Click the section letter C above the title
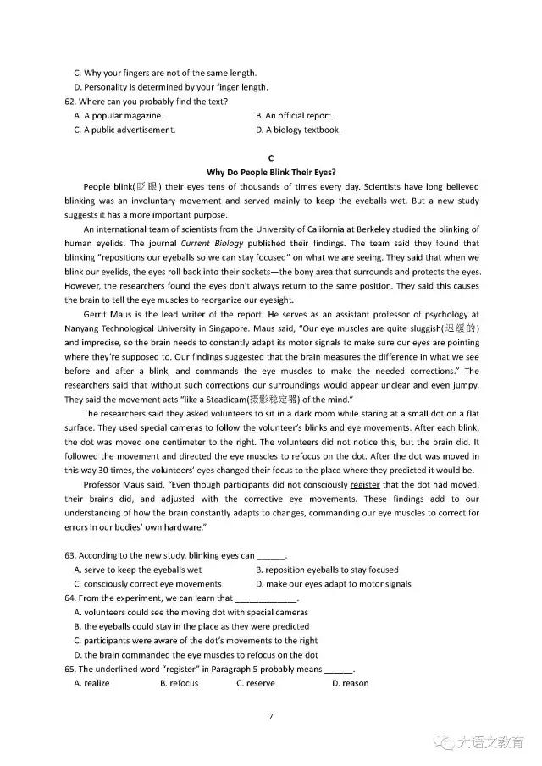pyautogui.click(x=270, y=157)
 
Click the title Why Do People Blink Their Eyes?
pyautogui.click(x=270, y=171)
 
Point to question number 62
pyautogui.click(x=69, y=102)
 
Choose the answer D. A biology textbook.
pyautogui.click(x=298, y=130)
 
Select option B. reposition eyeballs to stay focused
pyautogui.click(x=327, y=570)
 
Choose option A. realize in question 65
pyautogui.click(x=91, y=683)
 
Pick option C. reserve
pyautogui.click(x=255, y=683)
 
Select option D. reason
pyautogui.click(x=350, y=683)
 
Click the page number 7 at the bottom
pyautogui.click(x=270, y=717)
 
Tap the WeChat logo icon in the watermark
pyautogui.click(x=442, y=742)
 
